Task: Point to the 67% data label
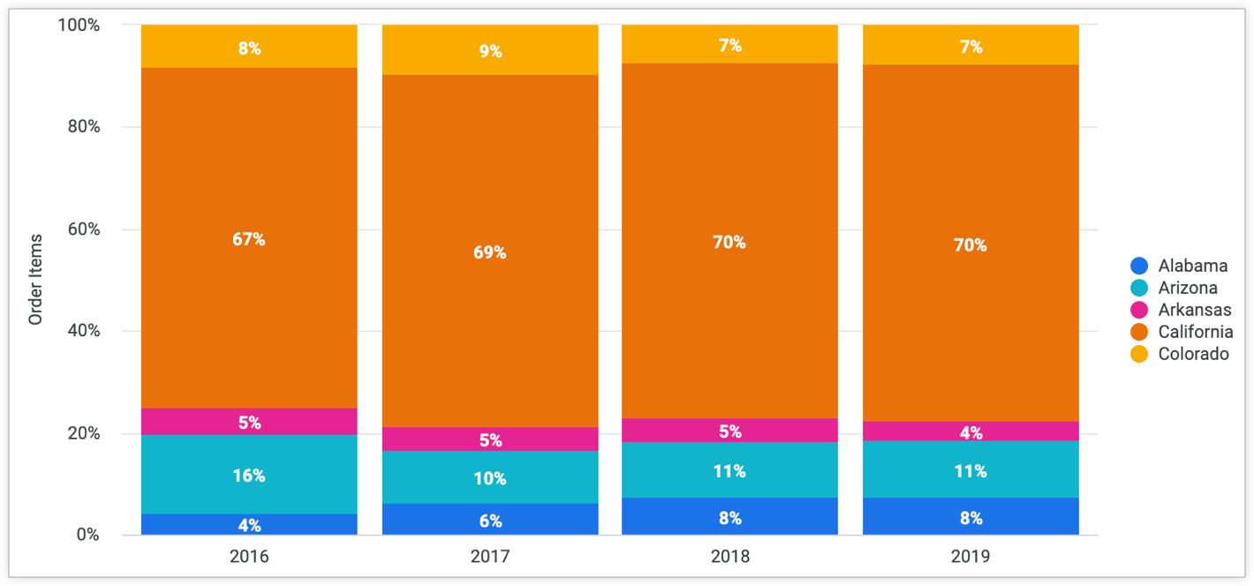249,239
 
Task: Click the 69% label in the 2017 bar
490,252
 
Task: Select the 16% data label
249,476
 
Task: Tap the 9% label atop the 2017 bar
490,51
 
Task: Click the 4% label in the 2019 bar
971,433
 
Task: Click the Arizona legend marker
1139,288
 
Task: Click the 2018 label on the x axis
729,557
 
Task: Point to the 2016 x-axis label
249,557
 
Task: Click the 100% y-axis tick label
78,25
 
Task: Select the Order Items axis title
35,279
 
